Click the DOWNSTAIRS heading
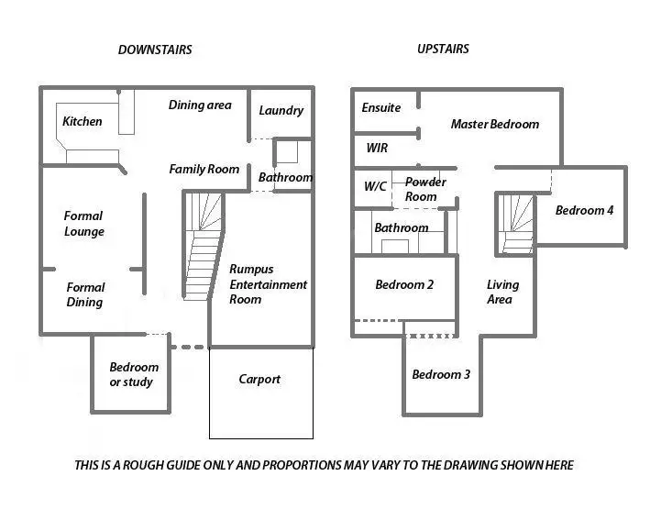click(155, 50)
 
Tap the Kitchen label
click(83, 121)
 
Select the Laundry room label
click(281, 110)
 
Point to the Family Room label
click(204, 169)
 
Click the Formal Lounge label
click(84, 224)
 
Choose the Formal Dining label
click(85, 294)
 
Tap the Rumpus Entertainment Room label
click(268, 284)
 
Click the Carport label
click(259, 379)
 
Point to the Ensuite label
click(381, 107)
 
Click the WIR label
click(377, 147)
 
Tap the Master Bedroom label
click(494, 124)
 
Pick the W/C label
click(375, 186)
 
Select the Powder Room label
click(425, 189)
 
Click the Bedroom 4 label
click(584, 210)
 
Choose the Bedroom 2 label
click(404, 284)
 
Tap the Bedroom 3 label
click(441, 374)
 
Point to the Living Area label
click(501, 292)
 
